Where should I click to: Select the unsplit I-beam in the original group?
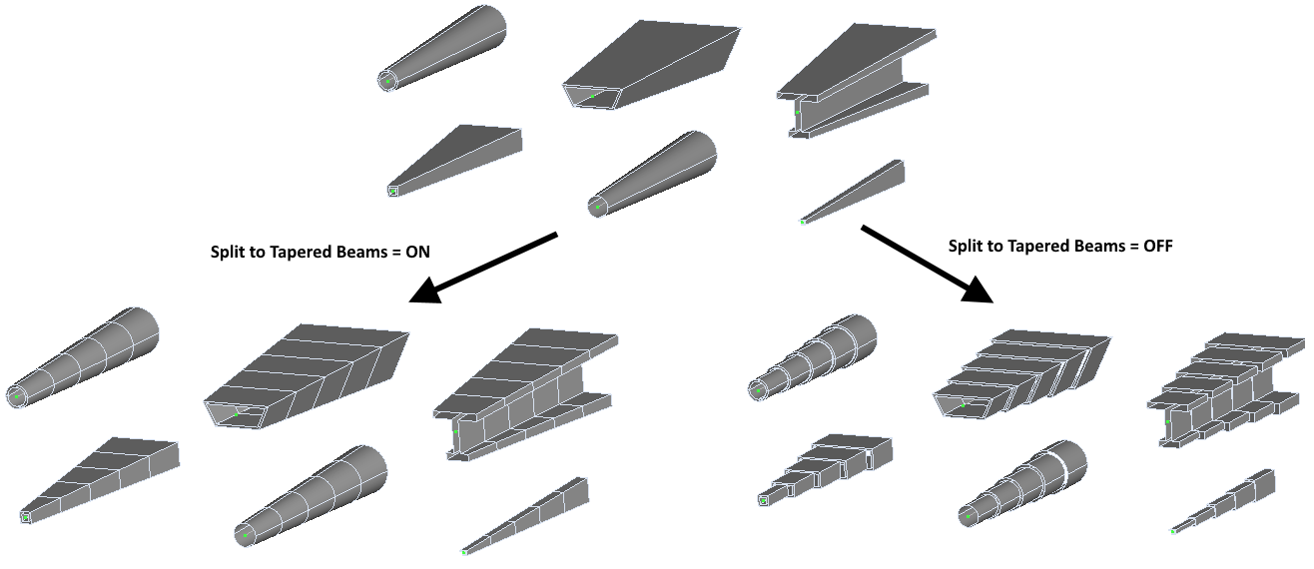pyautogui.click(x=855, y=80)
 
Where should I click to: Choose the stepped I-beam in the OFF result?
pyautogui.click(x=1228, y=388)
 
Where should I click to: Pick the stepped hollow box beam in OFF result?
pyautogui.click(x=1018, y=374)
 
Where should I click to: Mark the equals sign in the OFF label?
pyautogui.click(x=1128, y=245)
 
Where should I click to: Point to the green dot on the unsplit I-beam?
pyautogui.click(x=796, y=113)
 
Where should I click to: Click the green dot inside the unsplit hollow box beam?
pyautogui.click(x=591, y=97)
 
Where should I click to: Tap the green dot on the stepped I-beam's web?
pyautogui.click(x=1167, y=422)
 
